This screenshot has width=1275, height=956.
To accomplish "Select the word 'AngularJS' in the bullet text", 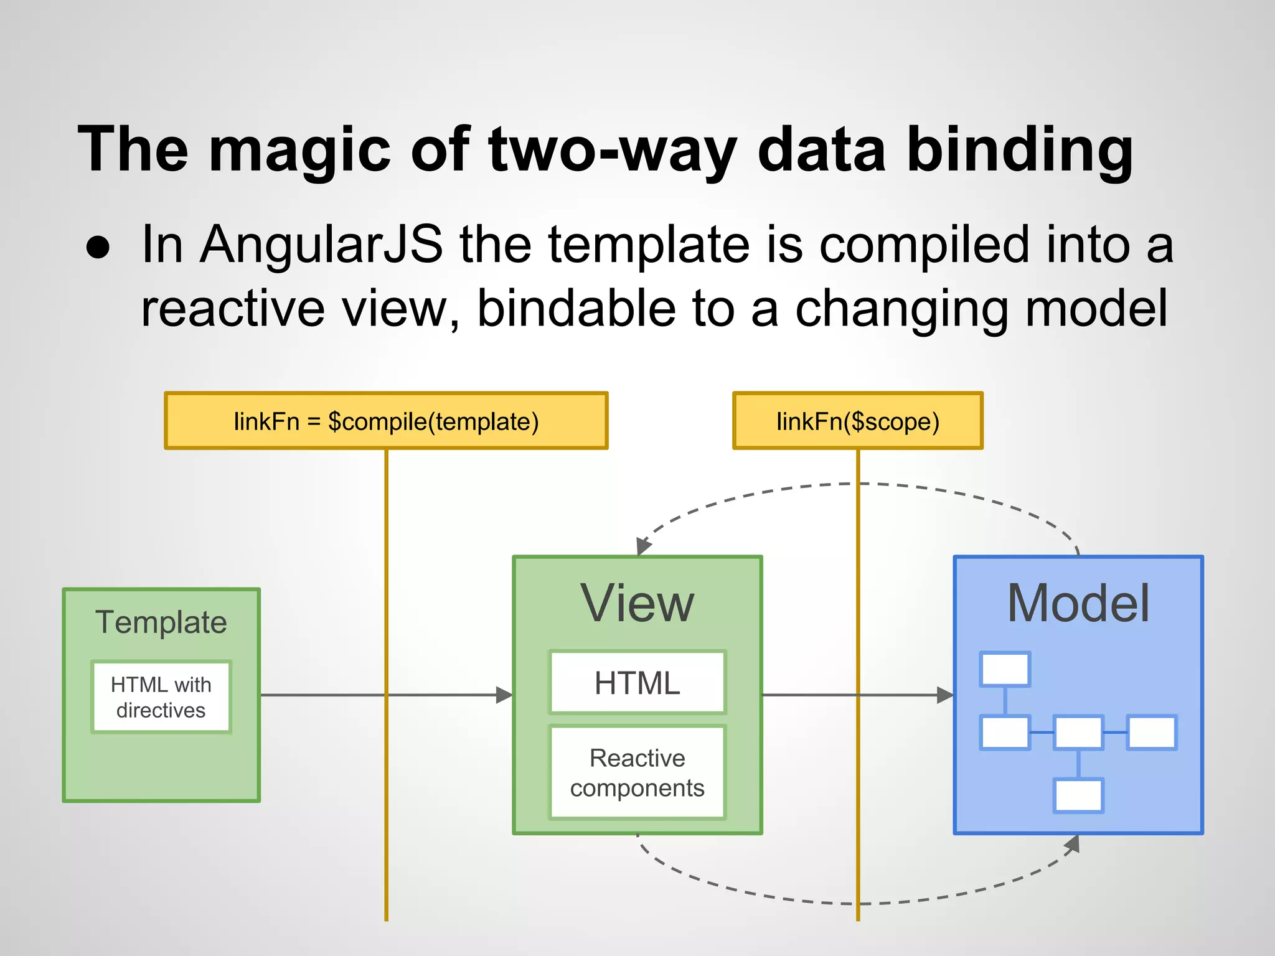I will click(x=321, y=245).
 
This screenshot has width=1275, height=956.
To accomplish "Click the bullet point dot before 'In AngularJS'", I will click(x=98, y=248).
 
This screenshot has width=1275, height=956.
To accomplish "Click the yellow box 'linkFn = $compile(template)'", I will click(x=386, y=421).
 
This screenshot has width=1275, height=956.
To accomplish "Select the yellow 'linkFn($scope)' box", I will click(x=857, y=421).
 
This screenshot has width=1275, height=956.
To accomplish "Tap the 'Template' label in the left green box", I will click(x=161, y=622).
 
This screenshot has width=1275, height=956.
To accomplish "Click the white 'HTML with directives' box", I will click(x=161, y=697).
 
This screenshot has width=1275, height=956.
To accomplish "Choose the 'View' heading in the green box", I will click(x=637, y=603).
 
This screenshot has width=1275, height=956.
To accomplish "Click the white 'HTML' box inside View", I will click(x=637, y=683).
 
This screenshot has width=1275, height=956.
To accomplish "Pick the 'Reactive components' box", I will click(x=637, y=772).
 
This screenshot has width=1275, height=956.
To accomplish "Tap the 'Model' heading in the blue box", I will click(x=1078, y=603).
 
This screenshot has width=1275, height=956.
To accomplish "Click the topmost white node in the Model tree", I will click(x=1005, y=669).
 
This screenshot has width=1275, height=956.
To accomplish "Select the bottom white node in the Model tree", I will click(x=1078, y=795).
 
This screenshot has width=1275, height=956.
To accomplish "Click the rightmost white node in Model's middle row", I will click(x=1152, y=732).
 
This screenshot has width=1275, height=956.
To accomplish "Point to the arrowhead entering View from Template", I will click(x=505, y=695).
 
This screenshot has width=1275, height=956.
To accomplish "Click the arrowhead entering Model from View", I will click(x=946, y=695).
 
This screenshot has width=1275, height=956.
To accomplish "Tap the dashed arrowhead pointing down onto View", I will click(x=643, y=546).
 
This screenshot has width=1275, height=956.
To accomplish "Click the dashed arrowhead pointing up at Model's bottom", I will click(x=1073, y=845).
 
